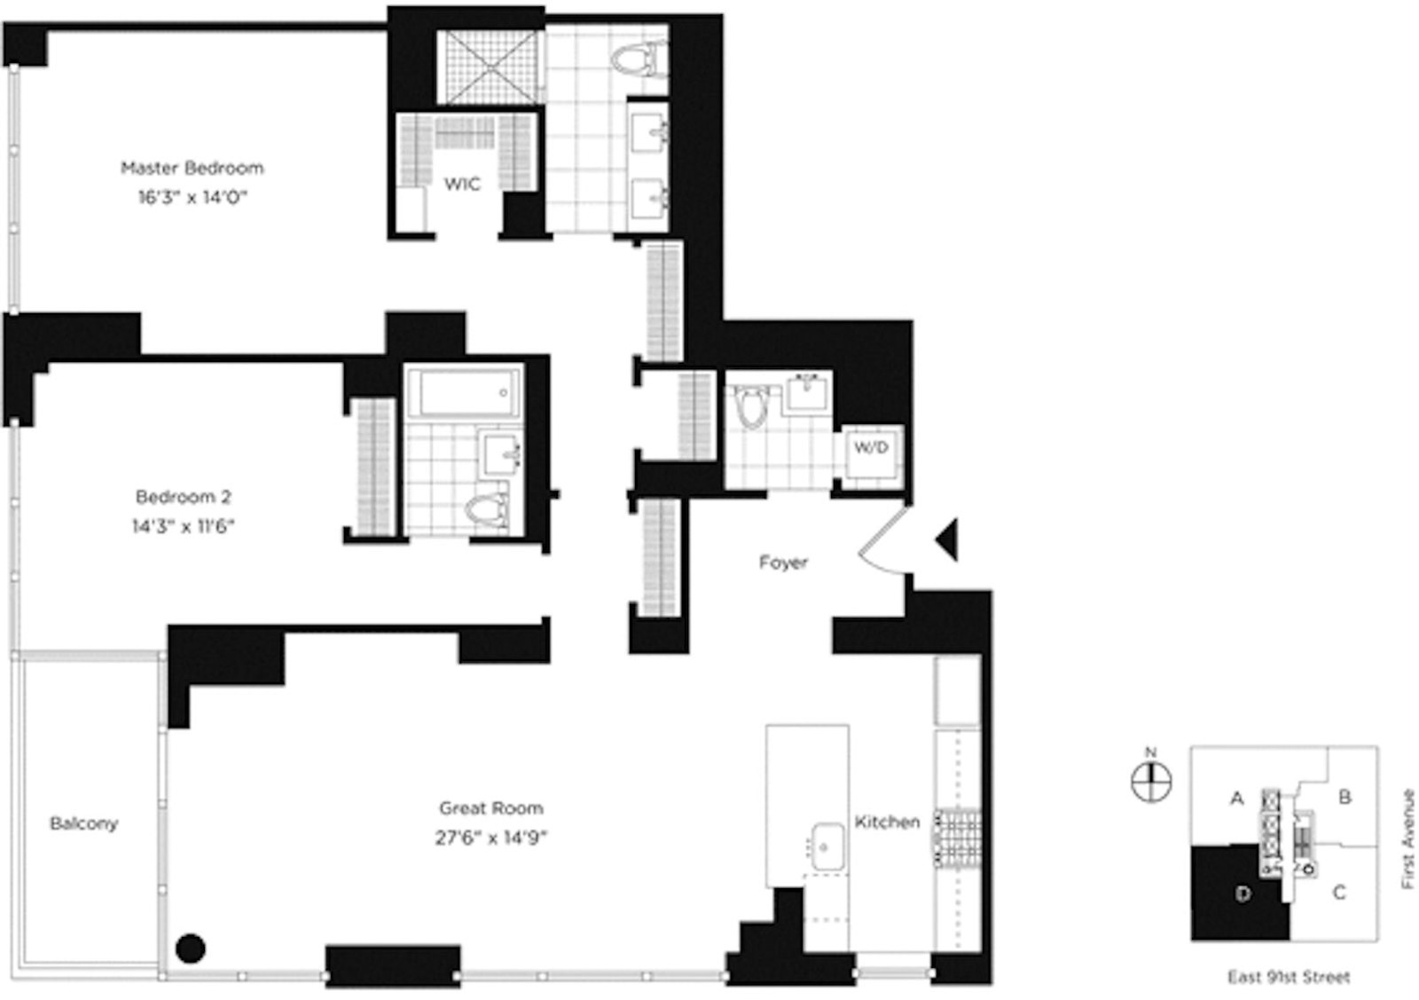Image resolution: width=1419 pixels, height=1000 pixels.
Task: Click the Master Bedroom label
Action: (192, 168)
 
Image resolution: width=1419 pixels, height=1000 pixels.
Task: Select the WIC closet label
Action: (462, 184)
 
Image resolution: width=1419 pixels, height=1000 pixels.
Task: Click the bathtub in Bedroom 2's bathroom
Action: (463, 391)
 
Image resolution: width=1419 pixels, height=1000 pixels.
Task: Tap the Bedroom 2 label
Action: (184, 497)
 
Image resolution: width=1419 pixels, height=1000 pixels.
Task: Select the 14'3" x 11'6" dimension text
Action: (184, 526)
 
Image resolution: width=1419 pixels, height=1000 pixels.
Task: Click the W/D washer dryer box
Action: (871, 449)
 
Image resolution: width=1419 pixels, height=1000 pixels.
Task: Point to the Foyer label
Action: (783, 563)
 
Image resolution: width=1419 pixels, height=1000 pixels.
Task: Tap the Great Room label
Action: (490, 808)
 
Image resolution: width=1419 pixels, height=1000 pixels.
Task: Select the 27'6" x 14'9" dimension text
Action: (490, 838)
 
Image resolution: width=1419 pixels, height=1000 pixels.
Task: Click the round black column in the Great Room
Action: (190, 948)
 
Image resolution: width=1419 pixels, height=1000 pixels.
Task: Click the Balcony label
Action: (83, 823)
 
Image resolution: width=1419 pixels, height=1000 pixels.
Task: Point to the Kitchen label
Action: (887, 823)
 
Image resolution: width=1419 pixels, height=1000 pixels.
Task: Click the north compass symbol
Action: (1151, 781)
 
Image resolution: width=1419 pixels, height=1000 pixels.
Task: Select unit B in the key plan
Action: (1345, 797)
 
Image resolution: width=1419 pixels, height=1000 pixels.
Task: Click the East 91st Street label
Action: (1288, 977)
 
